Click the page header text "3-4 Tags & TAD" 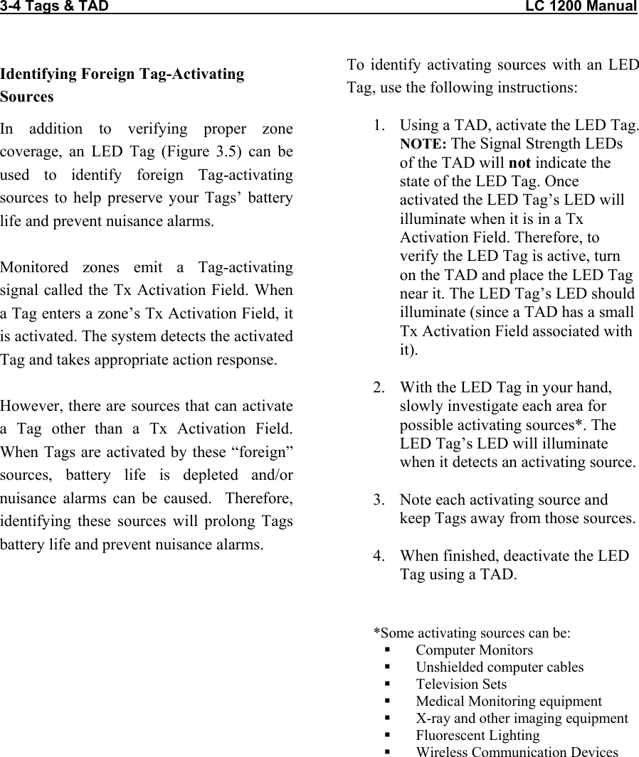55,6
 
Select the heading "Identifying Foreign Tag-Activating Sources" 122,85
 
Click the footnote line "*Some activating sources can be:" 472,633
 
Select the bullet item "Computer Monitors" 474,650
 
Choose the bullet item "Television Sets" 461,684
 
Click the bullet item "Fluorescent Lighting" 477,735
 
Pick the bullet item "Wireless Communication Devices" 517,752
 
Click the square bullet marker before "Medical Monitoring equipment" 388,702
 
